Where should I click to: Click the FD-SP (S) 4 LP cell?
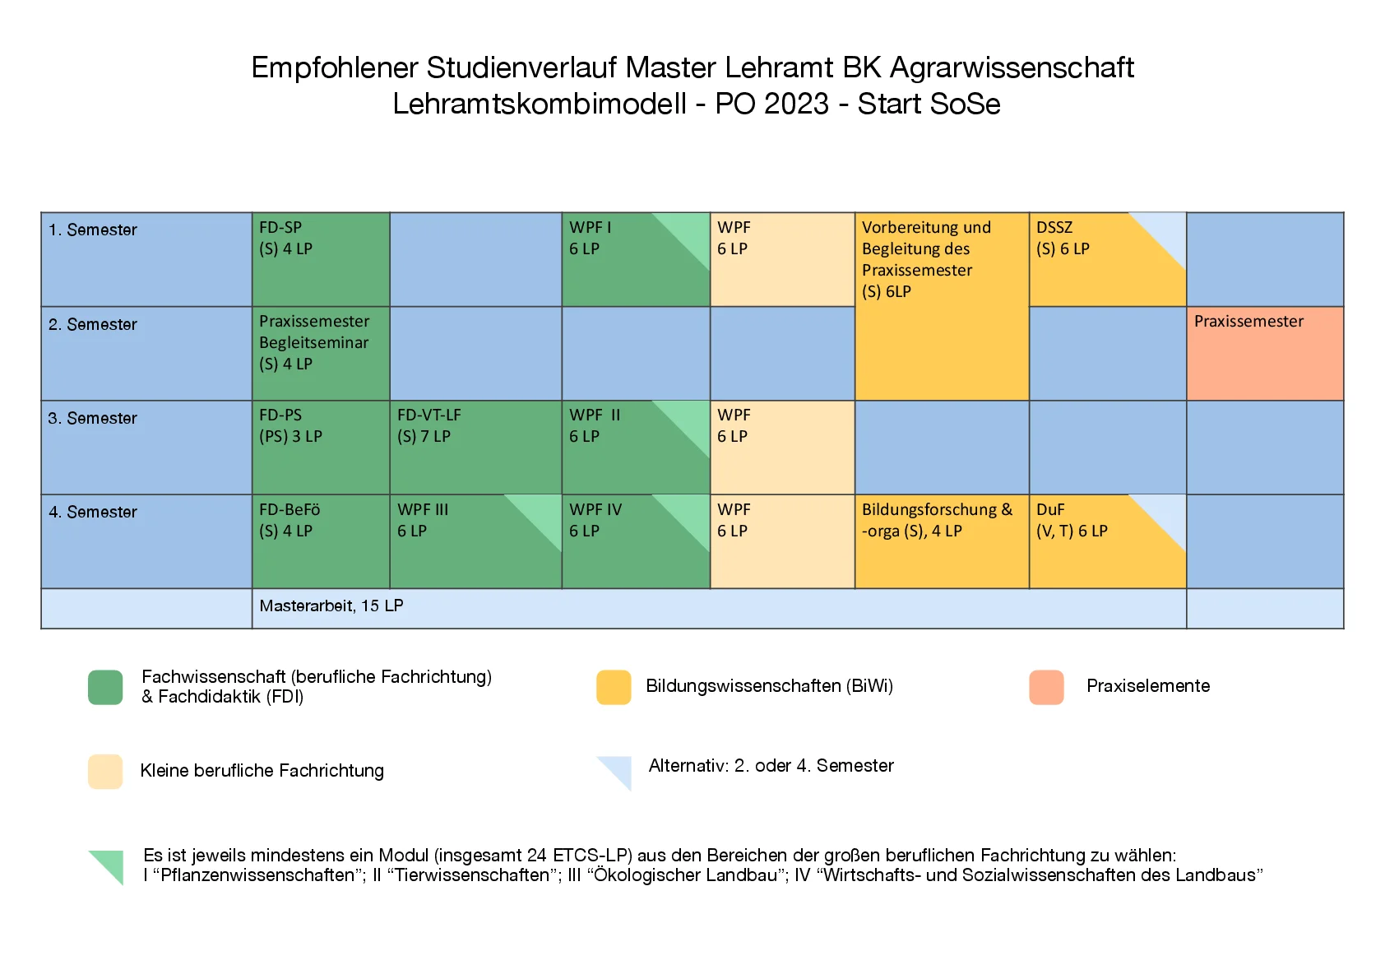[320, 259]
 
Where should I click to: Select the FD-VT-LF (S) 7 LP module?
[475, 447]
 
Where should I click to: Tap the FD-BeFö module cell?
[320, 541]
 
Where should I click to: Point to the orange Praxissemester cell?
[1265, 353]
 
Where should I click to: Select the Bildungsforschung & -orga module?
[941, 541]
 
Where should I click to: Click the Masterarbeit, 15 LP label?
[331, 606]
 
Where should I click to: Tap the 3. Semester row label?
[93, 419]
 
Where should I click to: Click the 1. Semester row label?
[93, 230]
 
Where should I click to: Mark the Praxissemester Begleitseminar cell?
[320, 353]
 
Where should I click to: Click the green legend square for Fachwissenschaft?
[105, 687]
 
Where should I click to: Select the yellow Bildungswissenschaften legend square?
[614, 687]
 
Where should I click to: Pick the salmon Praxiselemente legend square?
[1046, 687]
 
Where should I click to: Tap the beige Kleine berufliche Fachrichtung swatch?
[105, 771]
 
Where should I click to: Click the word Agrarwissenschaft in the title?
[1012, 67]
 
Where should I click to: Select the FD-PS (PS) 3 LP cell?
[320, 447]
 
